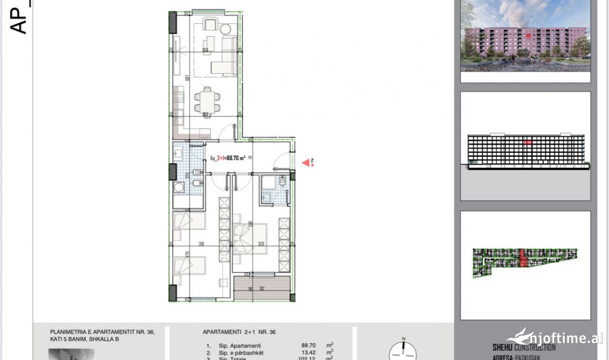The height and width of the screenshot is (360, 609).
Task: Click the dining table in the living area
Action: coord(205,102)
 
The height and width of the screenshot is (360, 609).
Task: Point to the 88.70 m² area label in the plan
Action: coord(228,158)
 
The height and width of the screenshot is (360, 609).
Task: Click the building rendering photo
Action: coord(525,37)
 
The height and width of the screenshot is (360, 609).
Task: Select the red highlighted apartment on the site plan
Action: coord(523,259)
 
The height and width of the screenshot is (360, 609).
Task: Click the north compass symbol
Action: coord(404,351)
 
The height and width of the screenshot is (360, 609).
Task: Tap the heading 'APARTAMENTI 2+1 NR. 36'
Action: coord(239,332)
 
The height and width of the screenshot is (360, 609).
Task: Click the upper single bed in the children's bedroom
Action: coord(188,222)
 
